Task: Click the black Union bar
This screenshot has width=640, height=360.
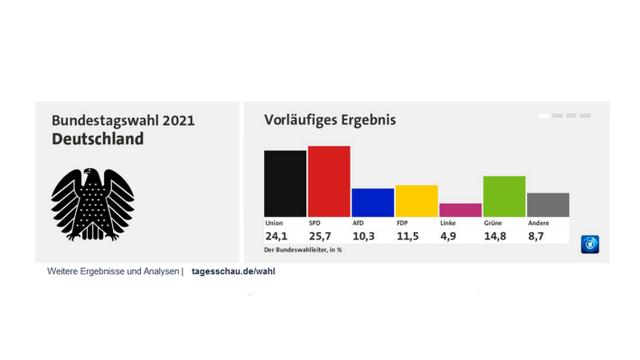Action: tap(285, 183)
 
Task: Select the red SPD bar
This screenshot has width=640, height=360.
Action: tap(329, 181)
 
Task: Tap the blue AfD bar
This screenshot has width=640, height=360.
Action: tap(372, 202)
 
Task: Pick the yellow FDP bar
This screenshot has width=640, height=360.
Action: tap(416, 200)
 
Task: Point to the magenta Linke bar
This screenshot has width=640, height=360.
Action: tap(460, 209)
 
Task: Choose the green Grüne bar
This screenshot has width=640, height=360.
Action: tap(504, 196)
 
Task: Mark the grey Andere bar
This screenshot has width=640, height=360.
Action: tap(548, 204)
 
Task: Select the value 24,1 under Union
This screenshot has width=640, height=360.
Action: tap(280, 236)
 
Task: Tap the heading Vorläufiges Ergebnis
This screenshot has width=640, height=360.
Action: tap(330, 120)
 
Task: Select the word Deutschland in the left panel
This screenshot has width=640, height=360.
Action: tap(97, 139)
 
